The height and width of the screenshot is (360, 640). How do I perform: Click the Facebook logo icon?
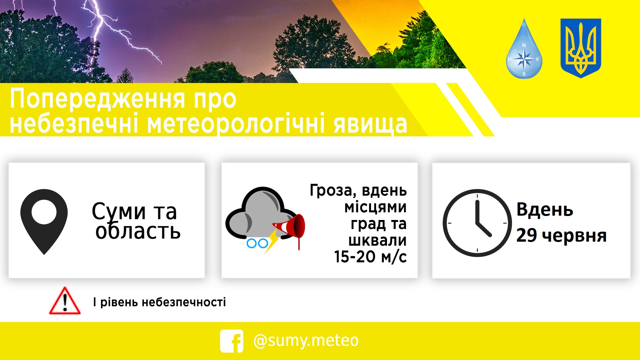click(232, 341)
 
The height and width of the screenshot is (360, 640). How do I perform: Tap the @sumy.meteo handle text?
click(306, 341)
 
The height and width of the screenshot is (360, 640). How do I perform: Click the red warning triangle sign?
click(65, 301)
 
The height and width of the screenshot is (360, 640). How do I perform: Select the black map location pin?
click(44, 222)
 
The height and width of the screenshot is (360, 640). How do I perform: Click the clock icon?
click(477, 223)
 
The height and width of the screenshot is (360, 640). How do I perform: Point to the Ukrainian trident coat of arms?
click(581, 48)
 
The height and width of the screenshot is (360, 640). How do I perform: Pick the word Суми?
click(119, 211)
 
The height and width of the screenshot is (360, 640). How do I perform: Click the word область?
click(138, 231)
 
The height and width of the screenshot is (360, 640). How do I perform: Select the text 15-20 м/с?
click(370, 257)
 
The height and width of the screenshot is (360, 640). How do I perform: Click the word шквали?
click(377, 240)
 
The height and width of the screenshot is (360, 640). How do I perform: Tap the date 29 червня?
click(561, 236)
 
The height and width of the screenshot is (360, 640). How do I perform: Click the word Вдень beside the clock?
click(545, 210)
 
